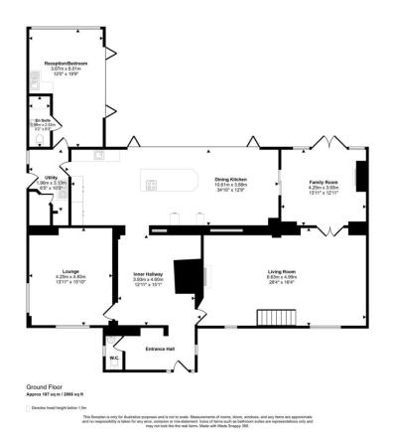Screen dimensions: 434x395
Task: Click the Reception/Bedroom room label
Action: coord(66,63)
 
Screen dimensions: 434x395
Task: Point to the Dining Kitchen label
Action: coord(229,179)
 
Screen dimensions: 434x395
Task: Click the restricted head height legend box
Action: coord(29,407)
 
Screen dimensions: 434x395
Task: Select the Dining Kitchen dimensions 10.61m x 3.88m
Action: coord(229,185)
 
